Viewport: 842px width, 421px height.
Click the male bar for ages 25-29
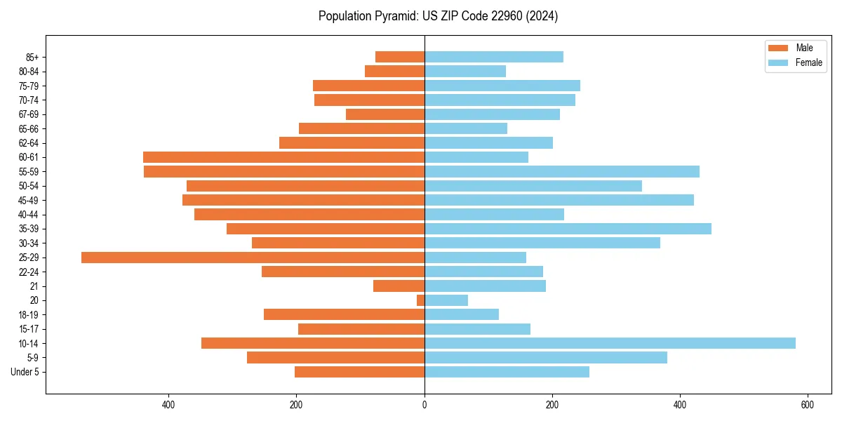click(x=253, y=258)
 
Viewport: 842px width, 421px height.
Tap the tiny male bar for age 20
click(x=421, y=300)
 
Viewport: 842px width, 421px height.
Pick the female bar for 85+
click(x=493, y=57)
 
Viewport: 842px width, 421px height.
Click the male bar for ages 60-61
click(x=283, y=157)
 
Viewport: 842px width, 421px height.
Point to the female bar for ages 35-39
click(x=568, y=229)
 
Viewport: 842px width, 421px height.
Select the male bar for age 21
click(x=399, y=286)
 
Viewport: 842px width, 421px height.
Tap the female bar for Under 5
click(x=507, y=372)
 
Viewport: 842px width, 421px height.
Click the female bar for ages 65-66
click(x=466, y=128)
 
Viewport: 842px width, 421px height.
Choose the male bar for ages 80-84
click(x=394, y=71)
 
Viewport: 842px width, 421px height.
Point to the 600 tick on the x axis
click(x=808, y=405)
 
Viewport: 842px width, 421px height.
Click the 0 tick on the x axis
click(x=425, y=405)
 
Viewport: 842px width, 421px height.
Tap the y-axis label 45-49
click(x=28, y=200)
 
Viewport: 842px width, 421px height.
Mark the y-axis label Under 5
click(x=25, y=372)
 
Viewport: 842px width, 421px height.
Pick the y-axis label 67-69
click(x=28, y=114)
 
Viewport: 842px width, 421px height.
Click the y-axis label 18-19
click(x=28, y=314)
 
